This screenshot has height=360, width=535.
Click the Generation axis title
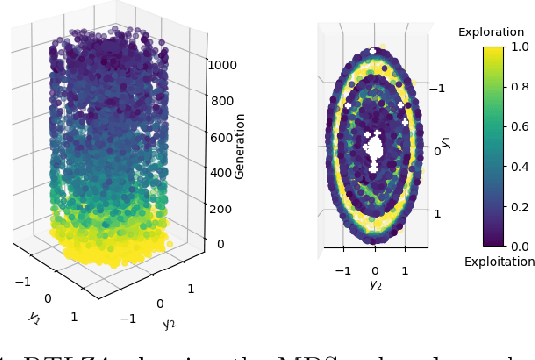click(239, 146)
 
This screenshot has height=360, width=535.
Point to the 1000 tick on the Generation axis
click(221, 64)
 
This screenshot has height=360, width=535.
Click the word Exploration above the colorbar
click(491, 32)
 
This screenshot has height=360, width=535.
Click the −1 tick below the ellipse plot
click(343, 269)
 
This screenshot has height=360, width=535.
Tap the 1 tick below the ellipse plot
click(405, 269)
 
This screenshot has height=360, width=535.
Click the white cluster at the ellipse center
click(374, 150)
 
